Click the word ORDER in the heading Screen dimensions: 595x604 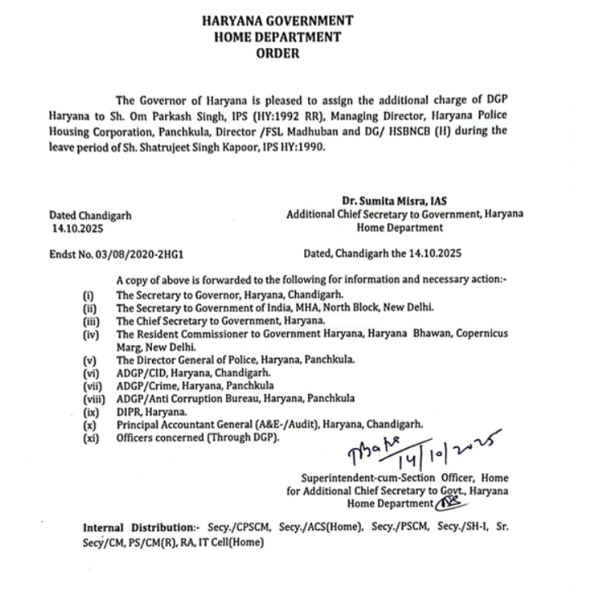[x=277, y=54]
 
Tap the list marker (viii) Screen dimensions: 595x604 [x=94, y=400]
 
